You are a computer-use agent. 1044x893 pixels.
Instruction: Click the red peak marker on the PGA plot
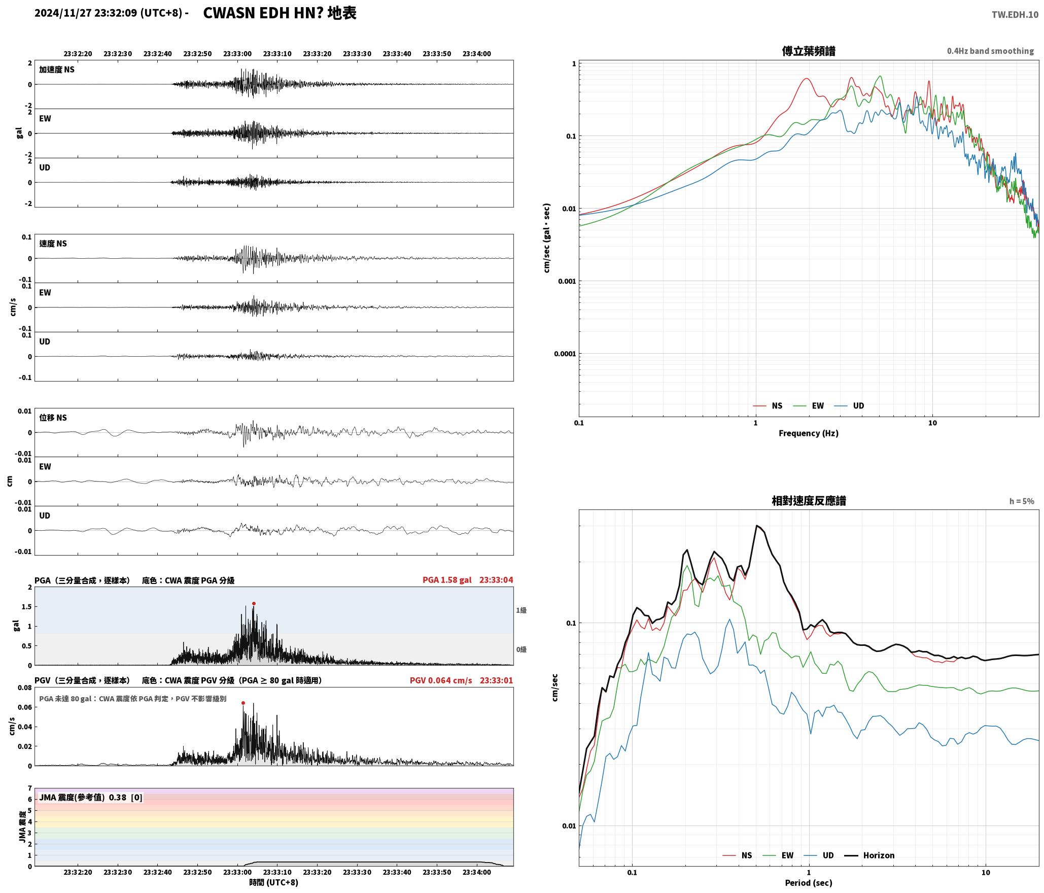(x=254, y=604)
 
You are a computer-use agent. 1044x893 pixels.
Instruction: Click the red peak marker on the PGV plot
(x=243, y=703)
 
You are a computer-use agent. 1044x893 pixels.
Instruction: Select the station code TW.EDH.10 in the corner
(x=1015, y=15)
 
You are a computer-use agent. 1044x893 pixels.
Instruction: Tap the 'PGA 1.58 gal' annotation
(x=447, y=580)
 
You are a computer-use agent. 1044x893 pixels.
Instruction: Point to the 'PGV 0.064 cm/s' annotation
(x=441, y=680)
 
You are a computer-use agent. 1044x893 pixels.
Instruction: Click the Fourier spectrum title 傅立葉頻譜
(x=809, y=51)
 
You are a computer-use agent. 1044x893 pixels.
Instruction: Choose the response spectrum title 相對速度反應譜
(x=809, y=501)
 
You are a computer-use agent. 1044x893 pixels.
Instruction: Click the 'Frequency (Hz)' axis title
(x=809, y=433)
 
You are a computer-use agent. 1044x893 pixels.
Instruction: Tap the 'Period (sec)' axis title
(x=809, y=883)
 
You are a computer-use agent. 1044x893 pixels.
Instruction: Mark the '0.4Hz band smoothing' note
(x=990, y=51)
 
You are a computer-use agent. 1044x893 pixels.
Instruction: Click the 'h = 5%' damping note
(x=1022, y=501)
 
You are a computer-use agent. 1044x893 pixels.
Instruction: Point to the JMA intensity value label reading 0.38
(x=118, y=798)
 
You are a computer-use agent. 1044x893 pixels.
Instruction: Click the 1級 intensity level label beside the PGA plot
(x=521, y=610)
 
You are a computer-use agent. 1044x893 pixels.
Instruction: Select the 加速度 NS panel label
(x=57, y=70)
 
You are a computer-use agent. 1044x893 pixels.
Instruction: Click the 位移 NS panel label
(x=53, y=418)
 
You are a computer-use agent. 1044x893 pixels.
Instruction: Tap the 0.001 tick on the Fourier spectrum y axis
(x=567, y=281)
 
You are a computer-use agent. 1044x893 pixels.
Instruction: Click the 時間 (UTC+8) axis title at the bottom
(x=273, y=882)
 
